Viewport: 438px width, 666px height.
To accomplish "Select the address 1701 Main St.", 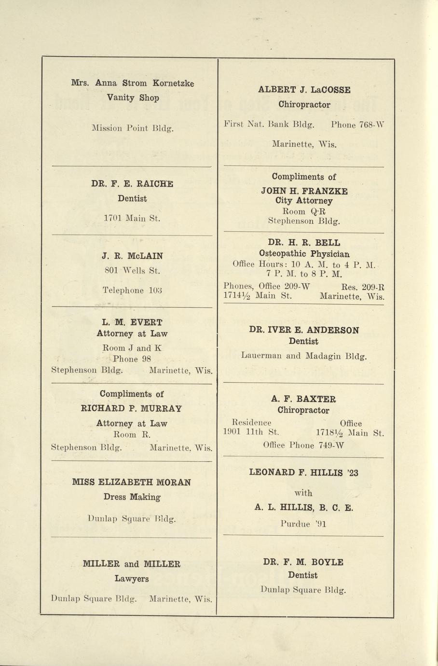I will (x=132, y=218).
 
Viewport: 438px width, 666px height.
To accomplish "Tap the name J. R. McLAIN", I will (x=133, y=256).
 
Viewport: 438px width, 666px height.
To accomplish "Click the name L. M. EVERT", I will (x=132, y=322).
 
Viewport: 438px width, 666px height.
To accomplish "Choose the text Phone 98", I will (x=132, y=359).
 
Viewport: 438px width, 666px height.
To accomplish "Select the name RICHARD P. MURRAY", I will (x=132, y=408).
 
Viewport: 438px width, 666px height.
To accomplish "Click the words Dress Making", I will (x=132, y=497).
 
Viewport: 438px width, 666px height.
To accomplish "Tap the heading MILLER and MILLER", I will (x=132, y=564).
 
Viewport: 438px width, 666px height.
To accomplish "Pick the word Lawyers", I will (x=132, y=578).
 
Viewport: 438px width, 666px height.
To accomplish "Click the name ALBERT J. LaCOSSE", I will (x=304, y=90).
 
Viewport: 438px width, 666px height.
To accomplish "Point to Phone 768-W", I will (x=357, y=125).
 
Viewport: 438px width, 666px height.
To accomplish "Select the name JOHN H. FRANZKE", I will (x=304, y=191).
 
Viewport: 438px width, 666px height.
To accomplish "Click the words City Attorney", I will (x=304, y=201).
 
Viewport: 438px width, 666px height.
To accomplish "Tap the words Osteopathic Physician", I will (x=304, y=253).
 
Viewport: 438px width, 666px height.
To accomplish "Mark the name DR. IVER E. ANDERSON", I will (x=304, y=330).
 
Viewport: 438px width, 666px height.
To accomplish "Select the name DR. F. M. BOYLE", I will (x=303, y=562).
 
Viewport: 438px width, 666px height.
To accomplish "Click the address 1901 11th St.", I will (x=251, y=432).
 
